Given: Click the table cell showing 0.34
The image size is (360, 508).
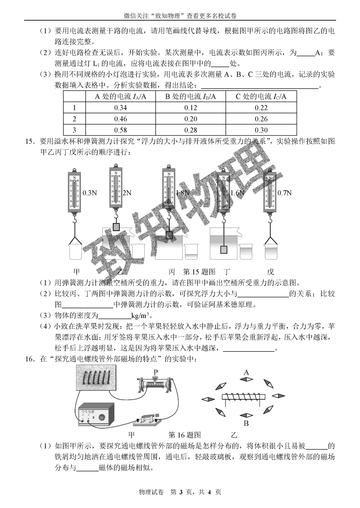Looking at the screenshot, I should (x=120, y=108).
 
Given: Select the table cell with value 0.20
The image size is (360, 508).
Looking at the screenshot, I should (x=190, y=119).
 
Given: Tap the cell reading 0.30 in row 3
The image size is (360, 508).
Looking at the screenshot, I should (x=261, y=130).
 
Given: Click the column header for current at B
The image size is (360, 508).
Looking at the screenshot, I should (x=190, y=97).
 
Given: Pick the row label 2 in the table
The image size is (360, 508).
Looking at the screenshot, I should (x=74, y=119).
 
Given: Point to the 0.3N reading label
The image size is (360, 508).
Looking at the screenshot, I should (x=90, y=193).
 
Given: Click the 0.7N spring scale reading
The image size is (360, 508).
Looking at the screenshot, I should (x=284, y=193).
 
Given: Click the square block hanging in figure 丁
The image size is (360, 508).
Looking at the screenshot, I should (x=224, y=249).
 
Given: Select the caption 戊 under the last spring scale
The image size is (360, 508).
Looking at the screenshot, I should (x=270, y=272).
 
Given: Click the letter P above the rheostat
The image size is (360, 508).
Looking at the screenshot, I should (x=155, y=372).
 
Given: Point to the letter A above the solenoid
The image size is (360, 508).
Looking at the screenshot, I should (x=246, y=372).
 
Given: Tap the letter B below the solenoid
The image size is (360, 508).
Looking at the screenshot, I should (x=246, y=423).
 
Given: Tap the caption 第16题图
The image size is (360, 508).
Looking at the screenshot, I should (x=185, y=435).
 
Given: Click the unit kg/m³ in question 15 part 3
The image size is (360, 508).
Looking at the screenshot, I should (x=140, y=315).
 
